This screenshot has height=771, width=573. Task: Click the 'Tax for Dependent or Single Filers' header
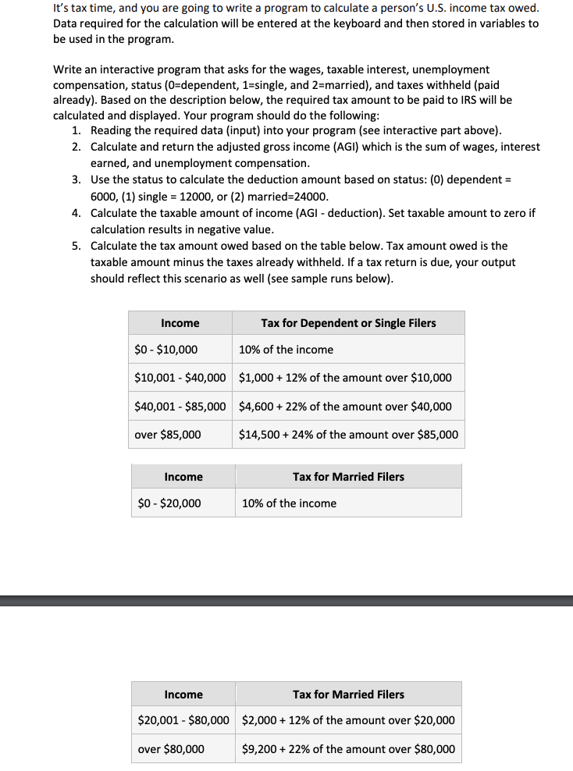[348, 323]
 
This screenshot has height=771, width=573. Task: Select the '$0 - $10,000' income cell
[165, 350]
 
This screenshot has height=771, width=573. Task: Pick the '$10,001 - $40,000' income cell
[180, 378]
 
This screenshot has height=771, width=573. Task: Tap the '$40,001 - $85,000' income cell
[180, 407]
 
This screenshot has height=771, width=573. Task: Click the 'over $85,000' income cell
[167, 435]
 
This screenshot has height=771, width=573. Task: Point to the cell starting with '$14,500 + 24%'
[348, 435]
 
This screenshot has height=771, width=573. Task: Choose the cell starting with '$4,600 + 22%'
[345, 407]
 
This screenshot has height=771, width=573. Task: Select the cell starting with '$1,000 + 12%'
[345, 378]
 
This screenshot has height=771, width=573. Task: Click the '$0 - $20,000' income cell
[169, 503]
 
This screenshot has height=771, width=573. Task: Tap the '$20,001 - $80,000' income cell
[183, 720]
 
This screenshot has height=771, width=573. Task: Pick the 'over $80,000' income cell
[171, 749]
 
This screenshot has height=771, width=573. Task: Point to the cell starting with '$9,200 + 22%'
[348, 749]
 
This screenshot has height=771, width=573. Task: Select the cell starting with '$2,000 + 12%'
[348, 720]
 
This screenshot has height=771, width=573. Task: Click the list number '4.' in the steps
[77, 213]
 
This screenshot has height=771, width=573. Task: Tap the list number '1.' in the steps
[77, 130]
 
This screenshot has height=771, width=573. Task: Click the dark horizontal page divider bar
[286, 600]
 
